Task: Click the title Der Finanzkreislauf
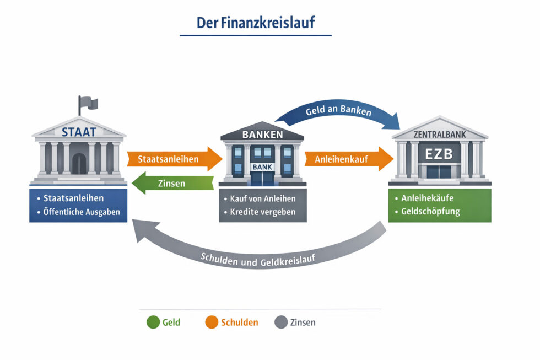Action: pos(256,23)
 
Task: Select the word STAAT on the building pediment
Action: pos(79,132)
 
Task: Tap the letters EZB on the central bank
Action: pos(439,153)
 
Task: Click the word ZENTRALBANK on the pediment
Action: pos(440,134)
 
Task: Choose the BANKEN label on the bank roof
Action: pos(262,135)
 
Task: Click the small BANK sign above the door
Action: pos(262,166)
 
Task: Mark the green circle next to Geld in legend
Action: pos(153,323)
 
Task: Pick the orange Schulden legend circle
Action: pos(212,323)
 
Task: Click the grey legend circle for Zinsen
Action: pos(281,323)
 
